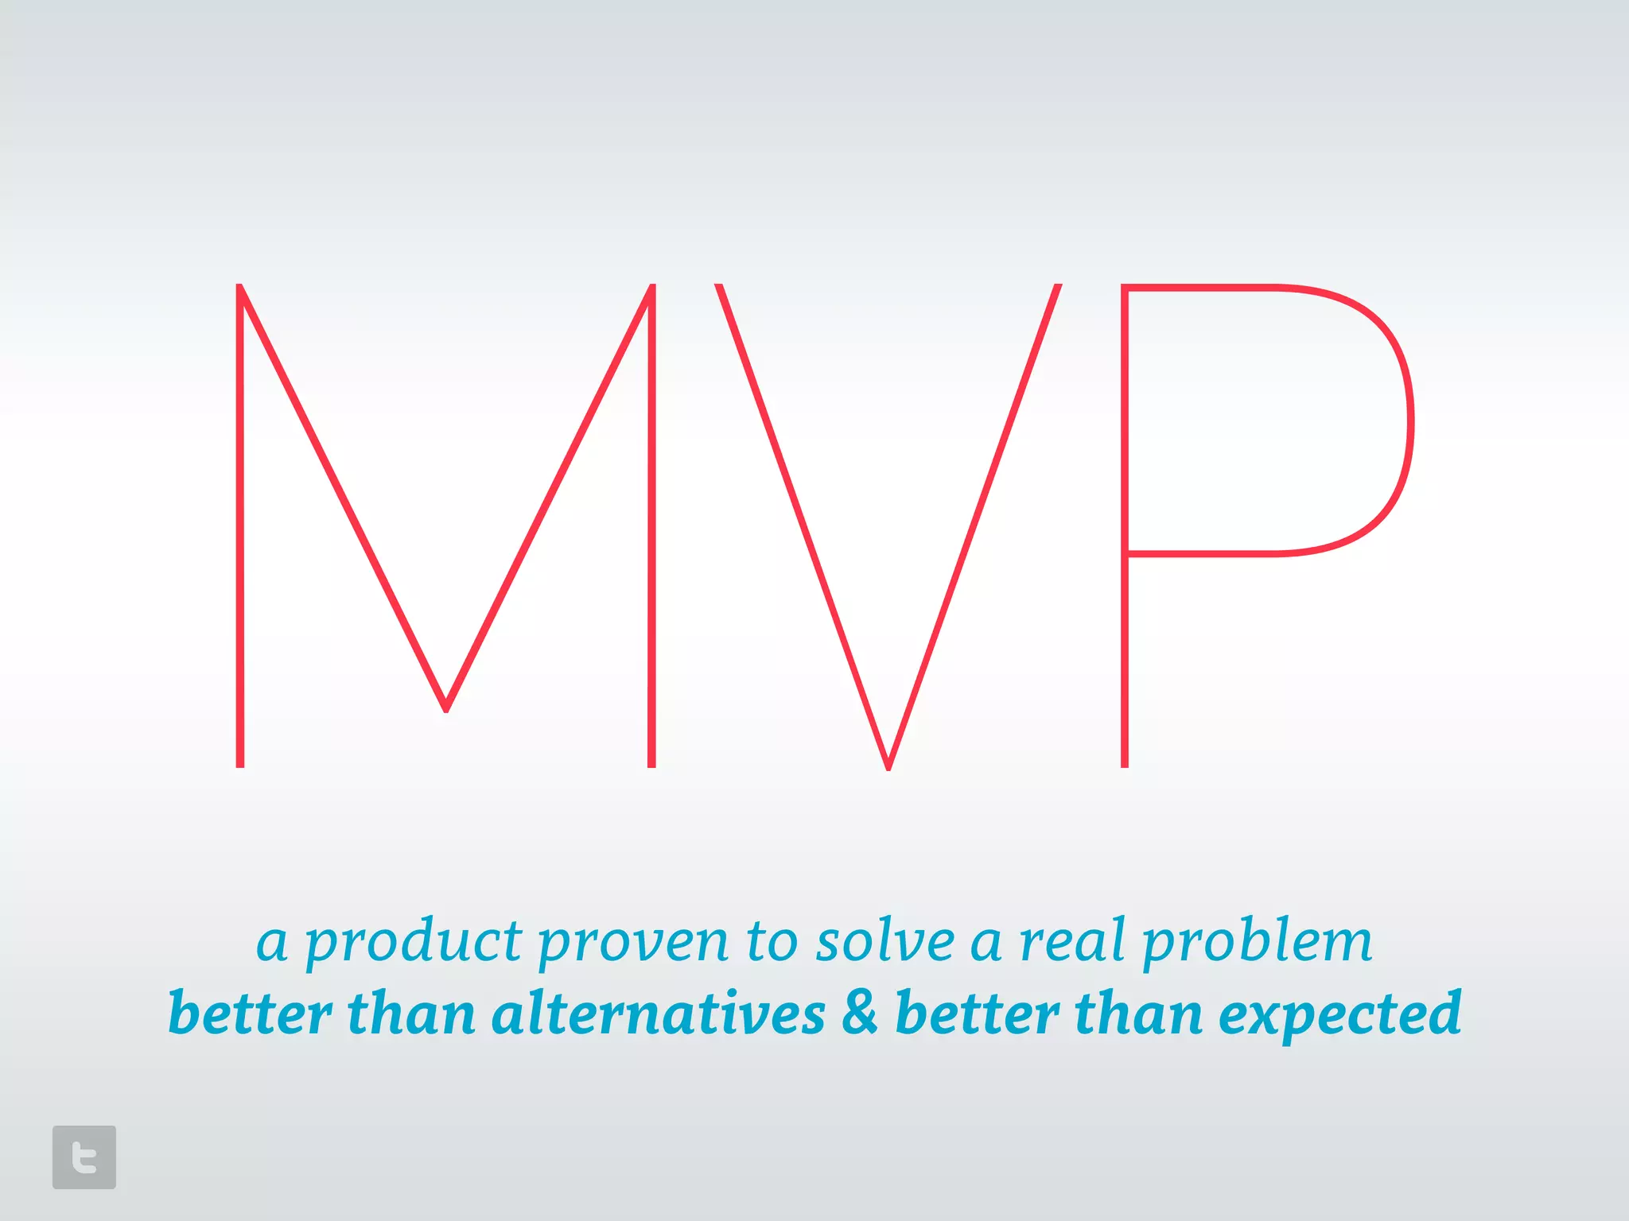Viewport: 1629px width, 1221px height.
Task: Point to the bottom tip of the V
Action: (888, 765)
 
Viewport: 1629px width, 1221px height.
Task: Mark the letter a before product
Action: (272, 944)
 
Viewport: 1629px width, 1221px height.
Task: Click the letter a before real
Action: (986, 944)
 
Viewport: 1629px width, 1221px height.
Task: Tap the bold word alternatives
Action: (659, 1014)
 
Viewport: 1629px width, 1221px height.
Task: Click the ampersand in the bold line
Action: (860, 1013)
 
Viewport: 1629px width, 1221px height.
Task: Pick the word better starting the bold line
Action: (250, 1014)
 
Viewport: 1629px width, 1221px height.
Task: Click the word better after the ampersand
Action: (977, 1014)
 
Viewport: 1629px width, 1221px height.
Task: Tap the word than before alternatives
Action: (411, 1014)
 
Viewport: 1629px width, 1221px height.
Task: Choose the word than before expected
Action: (1138, 1014)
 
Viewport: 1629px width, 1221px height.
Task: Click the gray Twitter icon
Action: (84, 1157)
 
